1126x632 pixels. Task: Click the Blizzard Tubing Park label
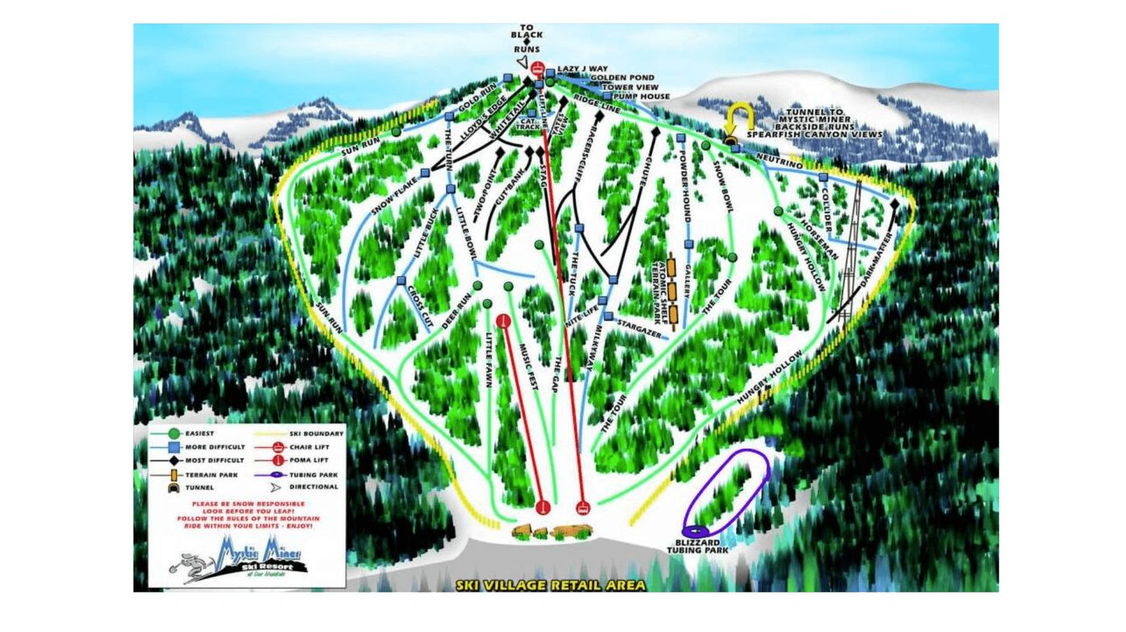point(697,546)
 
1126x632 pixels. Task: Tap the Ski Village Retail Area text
point(550,585)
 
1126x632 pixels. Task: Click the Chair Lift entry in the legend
point(306,447)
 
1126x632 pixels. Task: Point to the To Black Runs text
point(527,39)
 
